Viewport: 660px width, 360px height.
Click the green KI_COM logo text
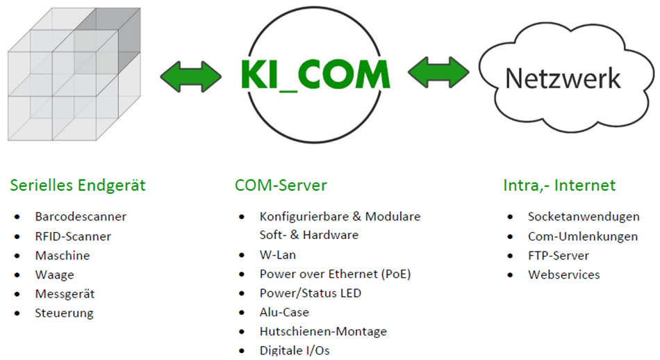point(316,74)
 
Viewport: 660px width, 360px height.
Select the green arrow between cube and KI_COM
point(191,74)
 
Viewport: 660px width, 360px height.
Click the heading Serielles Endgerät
point(78,186)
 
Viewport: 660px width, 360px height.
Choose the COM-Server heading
point(281,186)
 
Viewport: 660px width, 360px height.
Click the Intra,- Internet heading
point(559,186)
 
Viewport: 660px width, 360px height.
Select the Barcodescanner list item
point(81,217)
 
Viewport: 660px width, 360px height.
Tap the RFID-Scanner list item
point(73,236)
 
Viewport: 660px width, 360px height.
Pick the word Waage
point(54,275)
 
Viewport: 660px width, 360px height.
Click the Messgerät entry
point(65,294)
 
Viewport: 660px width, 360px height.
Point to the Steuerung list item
point(64,313)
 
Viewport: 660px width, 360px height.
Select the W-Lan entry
point(278,255)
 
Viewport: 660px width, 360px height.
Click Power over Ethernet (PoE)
point(335,274)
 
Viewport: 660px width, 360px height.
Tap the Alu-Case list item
point(284,313)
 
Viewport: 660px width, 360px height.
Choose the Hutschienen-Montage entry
point(323,332)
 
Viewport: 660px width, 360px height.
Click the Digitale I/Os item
point(295,350)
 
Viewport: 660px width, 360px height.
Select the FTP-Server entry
point(559,255)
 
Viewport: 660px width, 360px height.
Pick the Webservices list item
point(563,275)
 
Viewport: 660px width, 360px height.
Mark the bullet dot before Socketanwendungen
point(511,217)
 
